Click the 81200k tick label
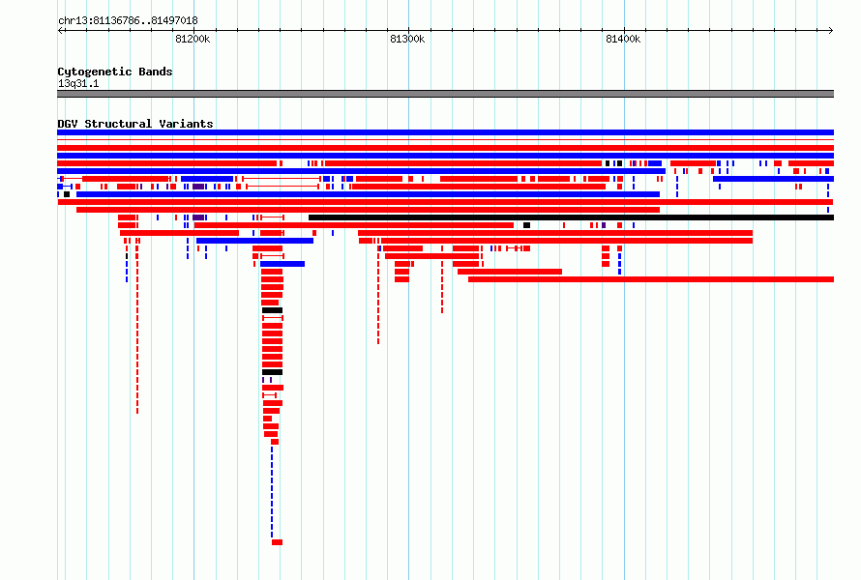pos(193,39)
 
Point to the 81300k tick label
pos(407,39)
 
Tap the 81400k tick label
pos(623,39)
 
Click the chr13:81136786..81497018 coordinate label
pos(128,21)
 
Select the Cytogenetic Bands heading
pos(115,72)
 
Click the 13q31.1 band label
pos(78,83)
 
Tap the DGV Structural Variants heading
pos(135,124)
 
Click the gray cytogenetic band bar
pos(445,94)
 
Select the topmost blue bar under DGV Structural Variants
pos(445,132)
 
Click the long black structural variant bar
pos(571,217)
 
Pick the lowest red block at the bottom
pos(278,542)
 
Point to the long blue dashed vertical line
pos(272,492)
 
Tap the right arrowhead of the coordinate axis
pos(831,30)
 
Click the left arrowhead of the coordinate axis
pos(60,30)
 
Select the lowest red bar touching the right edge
pos(651,279)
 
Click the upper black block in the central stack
pos(273,310)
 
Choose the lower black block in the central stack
pos(273,372)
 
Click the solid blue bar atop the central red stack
pos(282,264)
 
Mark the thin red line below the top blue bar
pos(445,140)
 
